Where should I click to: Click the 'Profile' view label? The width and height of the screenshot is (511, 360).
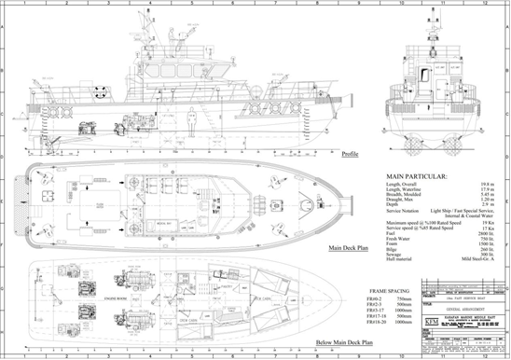click(350, 154)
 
